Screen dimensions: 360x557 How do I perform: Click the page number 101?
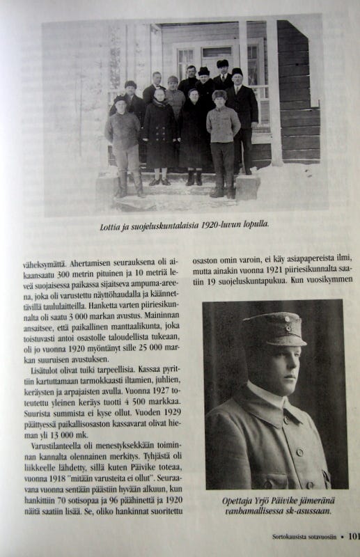[x=352, y=536]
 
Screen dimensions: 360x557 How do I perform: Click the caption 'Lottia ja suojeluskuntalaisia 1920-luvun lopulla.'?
[x=183, y=225]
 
